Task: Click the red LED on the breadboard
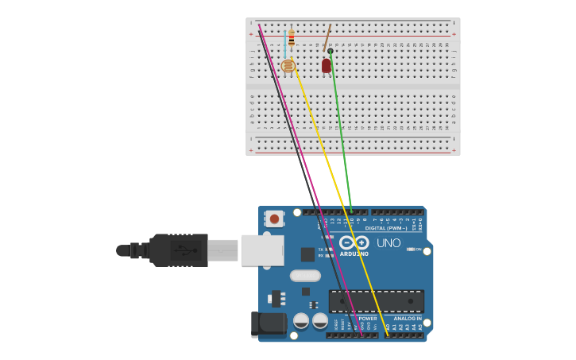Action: click(327, 65)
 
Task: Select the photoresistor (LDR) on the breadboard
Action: click(288, 66)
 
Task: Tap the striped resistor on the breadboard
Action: click(292, 37)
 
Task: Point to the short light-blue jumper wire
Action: click(285, 44)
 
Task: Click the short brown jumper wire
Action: click(327, 37)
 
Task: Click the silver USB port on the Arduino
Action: click(262, 250)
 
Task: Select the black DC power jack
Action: click(268, 323)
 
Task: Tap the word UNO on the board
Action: click(389, 243)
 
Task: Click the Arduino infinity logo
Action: click(354, 242)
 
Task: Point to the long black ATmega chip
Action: click(376, 301)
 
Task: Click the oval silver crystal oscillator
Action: click(305, 276)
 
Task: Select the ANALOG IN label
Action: click(408, 319)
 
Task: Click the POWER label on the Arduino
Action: click(368, 319)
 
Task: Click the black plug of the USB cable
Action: click(179, 250)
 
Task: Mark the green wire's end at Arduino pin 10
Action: click(352, 212)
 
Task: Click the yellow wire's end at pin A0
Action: click(388, 335)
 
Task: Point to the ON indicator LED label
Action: click(418, 250)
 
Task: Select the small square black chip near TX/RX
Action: click(307, 254)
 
